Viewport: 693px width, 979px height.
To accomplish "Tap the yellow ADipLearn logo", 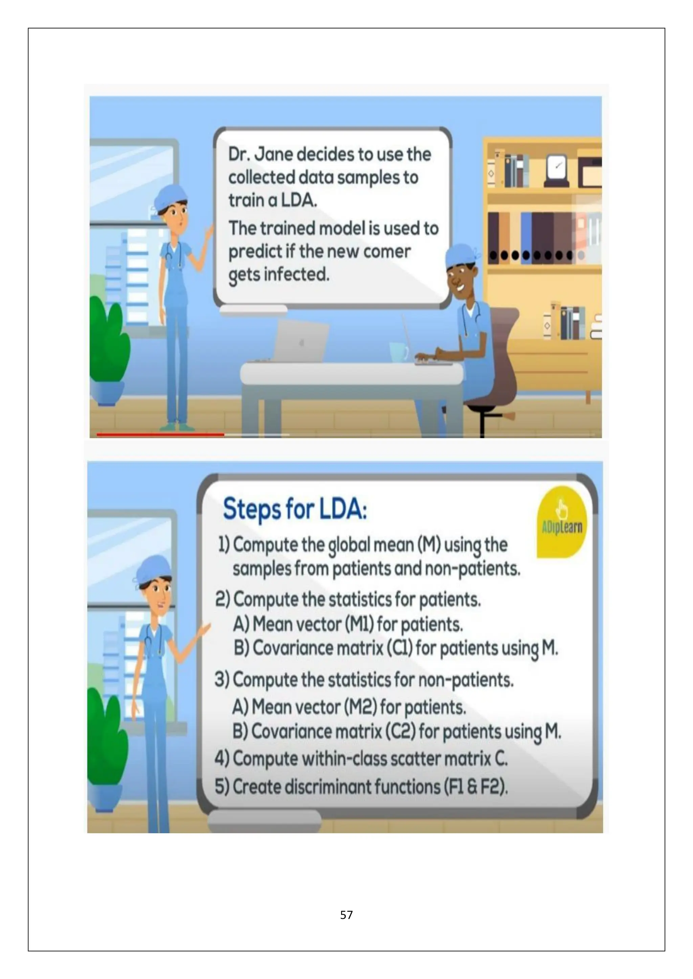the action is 562,522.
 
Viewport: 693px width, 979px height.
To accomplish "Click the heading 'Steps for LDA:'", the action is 295,509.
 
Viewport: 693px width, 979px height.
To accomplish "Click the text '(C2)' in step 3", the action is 400,731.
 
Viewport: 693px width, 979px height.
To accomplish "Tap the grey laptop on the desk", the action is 299,341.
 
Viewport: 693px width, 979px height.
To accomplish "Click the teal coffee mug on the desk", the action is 399,352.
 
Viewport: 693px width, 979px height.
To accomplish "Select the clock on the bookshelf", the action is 556,170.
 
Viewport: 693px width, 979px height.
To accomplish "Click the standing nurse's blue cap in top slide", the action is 171,198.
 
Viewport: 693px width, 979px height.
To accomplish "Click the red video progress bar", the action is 160,434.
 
